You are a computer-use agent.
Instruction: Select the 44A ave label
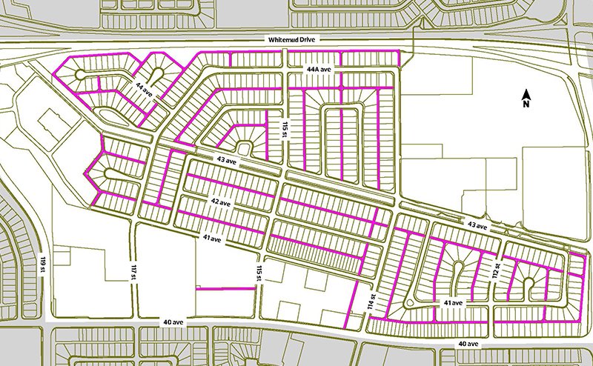(322, 69)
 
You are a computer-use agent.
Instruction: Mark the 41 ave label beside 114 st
(453, 302)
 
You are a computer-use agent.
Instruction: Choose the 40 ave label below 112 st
(468, 345)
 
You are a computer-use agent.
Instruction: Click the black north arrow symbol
(525, 94)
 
